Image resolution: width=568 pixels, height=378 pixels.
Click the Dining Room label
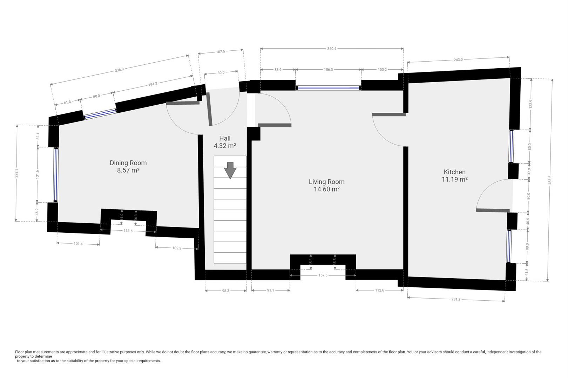128,163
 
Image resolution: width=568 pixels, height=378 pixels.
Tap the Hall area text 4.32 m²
224,146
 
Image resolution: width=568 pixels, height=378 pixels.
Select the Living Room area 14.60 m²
326,189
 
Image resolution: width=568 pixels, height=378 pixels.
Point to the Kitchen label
454,172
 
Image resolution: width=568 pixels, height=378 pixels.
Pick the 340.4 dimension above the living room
331,49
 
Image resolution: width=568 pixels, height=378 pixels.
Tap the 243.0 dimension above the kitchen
458,59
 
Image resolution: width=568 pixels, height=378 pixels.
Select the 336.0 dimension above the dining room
119,70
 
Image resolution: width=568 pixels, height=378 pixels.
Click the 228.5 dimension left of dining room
16,173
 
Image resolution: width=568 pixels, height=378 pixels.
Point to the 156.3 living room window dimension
328,70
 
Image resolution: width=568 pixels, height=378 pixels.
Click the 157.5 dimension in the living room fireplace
323,275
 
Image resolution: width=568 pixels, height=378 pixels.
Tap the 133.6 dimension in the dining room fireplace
128,231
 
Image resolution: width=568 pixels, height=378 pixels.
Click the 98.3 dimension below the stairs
225,290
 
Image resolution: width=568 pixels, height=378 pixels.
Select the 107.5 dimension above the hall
220,51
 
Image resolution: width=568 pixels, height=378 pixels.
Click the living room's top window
329,88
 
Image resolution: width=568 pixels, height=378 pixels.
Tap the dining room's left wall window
55,175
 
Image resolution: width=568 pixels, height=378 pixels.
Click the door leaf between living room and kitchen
389,114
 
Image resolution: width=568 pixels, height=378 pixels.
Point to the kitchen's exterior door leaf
492,210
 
